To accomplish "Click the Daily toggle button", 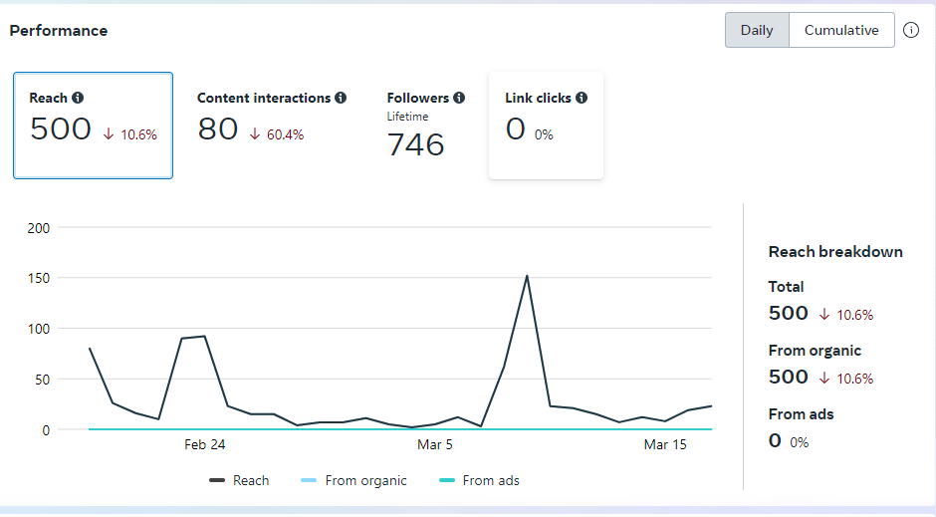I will pyautogui.click(x=757, y=30).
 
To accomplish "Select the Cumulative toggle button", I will pyautogui.click(x=841, y=30).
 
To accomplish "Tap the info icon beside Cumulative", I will pyautogui.click(x=911, y=30).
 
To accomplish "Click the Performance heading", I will pyautogui.click(x=59, y=31).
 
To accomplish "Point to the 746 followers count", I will pyautogui.click(x=415, y=144).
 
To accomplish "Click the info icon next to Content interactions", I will pyautogui.click(x=341, y=98).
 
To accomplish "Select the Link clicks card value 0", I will pyautogui.click(x=515, y=129).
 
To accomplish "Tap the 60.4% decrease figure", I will pyautogui.click(x=285, y=134).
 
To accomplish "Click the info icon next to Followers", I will pyautogui.click(x=459, y=98).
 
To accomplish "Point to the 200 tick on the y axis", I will pyautogui.click(x=39, y=227).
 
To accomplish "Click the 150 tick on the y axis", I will pyautogui.click(x=39, y=278).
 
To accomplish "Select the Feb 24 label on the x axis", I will pyautogui.click(x=204, y=445).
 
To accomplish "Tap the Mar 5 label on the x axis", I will pyautogui.click(x=435, y=445).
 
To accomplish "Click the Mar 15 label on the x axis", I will pyautogui.click(x=665, y=445).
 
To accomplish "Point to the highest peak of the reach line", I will pyautogui.click(x=527, y=276).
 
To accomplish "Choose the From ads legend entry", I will pyautogui.click(x=479, y=480).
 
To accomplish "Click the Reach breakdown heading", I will pyautogui.click(x=835, y=251).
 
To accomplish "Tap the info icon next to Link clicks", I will pyautogui.click(x=582, y=98).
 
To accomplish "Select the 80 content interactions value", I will pyautogui.click(x=218, y=129).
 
